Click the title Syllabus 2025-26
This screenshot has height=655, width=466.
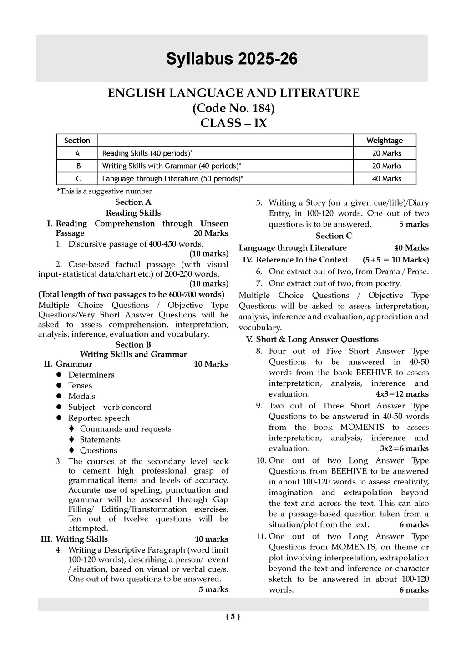tap(232, 59)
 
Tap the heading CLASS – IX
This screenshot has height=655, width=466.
tap(233, 123)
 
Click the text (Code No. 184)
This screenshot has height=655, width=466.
tap(233, 108)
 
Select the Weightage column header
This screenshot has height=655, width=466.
tap(385, 141)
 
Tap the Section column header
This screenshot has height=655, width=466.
tap(77, 141)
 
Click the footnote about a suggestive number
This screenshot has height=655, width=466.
tap(104, 191)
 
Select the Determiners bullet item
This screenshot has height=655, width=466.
tap(91, 375)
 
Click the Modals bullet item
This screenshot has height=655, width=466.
tap(81, 396)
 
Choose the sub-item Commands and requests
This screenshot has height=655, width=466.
tap(126, 429)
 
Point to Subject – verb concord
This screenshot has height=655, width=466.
tap(110, 407)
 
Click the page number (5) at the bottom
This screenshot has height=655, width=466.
tap(233, 617)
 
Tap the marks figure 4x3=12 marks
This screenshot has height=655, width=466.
tap(402, 394)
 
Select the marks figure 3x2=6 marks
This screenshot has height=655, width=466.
tap(404, 448)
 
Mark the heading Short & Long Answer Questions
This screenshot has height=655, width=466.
tap(317, 339)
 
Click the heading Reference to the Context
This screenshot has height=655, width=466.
tap(302, 260)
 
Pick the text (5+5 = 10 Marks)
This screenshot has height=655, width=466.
tap(395, 260)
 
